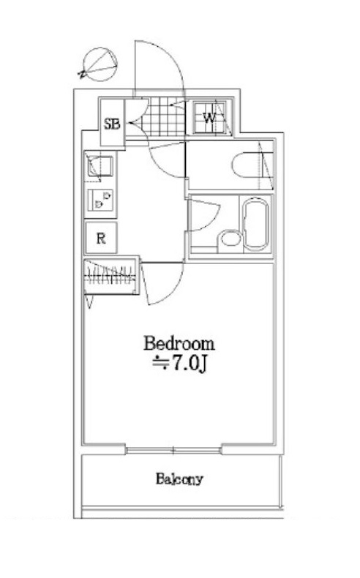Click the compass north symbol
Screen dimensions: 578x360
[x=98, y=65]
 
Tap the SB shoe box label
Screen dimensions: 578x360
[x=112, y=123]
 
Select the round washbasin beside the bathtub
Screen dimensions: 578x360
[x=230, y=239]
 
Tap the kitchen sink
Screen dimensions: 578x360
[x=97, y=167]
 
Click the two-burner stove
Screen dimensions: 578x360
[x=100, y=200]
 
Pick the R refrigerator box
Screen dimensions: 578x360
[x=101, y=237]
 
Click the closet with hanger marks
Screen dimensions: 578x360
[x=110, y=277]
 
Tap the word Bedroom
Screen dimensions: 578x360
[x=179, y=342]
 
